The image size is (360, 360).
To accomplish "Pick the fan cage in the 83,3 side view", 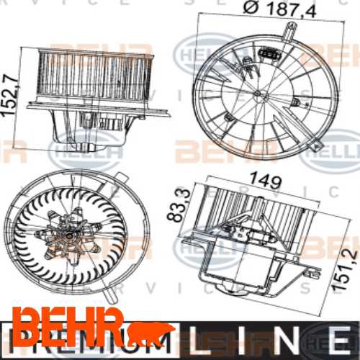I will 256,209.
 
